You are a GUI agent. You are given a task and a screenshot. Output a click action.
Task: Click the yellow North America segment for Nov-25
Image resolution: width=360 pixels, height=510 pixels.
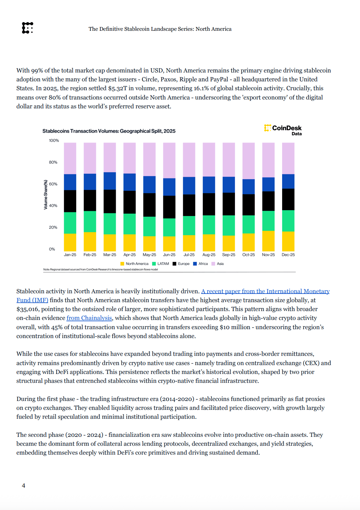coord(268,241)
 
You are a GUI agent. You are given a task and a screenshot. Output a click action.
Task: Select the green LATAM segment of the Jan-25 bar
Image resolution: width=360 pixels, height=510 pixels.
coord(70,223)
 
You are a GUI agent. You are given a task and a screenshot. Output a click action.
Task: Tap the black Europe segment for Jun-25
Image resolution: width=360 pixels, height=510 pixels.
coord(169,207)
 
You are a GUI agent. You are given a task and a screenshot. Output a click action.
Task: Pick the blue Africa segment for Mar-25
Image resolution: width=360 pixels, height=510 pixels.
coord(110,181)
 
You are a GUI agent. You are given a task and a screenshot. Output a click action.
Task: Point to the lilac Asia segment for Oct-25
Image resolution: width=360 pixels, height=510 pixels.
coord(248,161)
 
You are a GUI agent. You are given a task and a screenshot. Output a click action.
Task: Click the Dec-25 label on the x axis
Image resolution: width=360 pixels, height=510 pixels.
coord(288,255)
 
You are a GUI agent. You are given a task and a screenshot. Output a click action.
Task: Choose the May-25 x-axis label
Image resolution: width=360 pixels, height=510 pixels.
coord(149,255)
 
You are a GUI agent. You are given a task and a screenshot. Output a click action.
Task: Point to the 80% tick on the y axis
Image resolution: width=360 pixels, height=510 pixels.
coord(53,162)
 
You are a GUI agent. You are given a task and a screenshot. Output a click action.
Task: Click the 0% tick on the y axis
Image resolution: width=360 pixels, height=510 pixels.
coord(52,249)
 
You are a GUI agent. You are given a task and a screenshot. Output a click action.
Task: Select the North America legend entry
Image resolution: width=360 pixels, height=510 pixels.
coord(135,264)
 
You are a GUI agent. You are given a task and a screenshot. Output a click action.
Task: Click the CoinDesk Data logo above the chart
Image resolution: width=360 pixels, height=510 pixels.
coord(283,130)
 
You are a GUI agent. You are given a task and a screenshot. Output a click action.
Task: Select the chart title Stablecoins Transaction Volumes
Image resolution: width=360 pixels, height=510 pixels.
coord(109,131)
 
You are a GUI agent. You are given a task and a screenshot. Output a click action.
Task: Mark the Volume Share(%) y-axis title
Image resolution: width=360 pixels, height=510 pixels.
coord(46,194)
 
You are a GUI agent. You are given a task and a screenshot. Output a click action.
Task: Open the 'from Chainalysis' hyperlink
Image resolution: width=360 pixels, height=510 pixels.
coord(89,318)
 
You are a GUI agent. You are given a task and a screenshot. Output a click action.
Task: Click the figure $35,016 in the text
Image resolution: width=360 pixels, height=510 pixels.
coord(27,309)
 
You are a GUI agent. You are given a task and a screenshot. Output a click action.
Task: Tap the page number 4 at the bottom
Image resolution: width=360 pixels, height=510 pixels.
coord(24,485)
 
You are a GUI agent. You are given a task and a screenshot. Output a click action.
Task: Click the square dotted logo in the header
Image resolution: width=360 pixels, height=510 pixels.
coord(27,28)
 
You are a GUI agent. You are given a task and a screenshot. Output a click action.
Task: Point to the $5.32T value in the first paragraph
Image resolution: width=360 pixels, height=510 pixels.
coord(117,88)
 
